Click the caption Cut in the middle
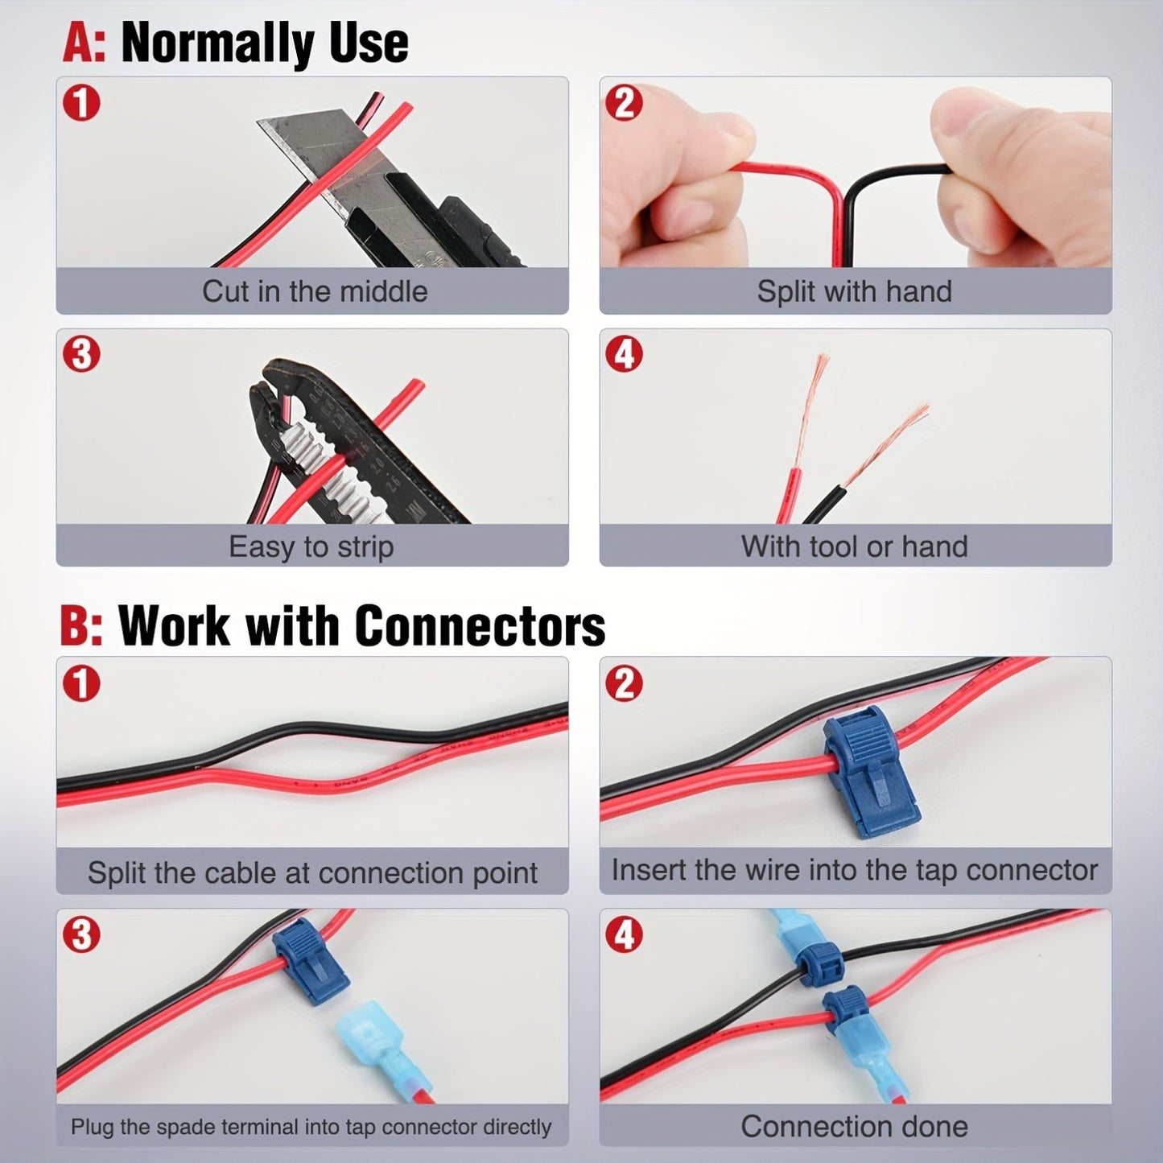315,291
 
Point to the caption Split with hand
855,291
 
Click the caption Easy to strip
311,546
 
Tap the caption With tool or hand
855,546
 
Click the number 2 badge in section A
624,103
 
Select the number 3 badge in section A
80,355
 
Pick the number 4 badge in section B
624,935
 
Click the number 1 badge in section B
80,683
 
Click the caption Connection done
855,1126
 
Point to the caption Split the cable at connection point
312,872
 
